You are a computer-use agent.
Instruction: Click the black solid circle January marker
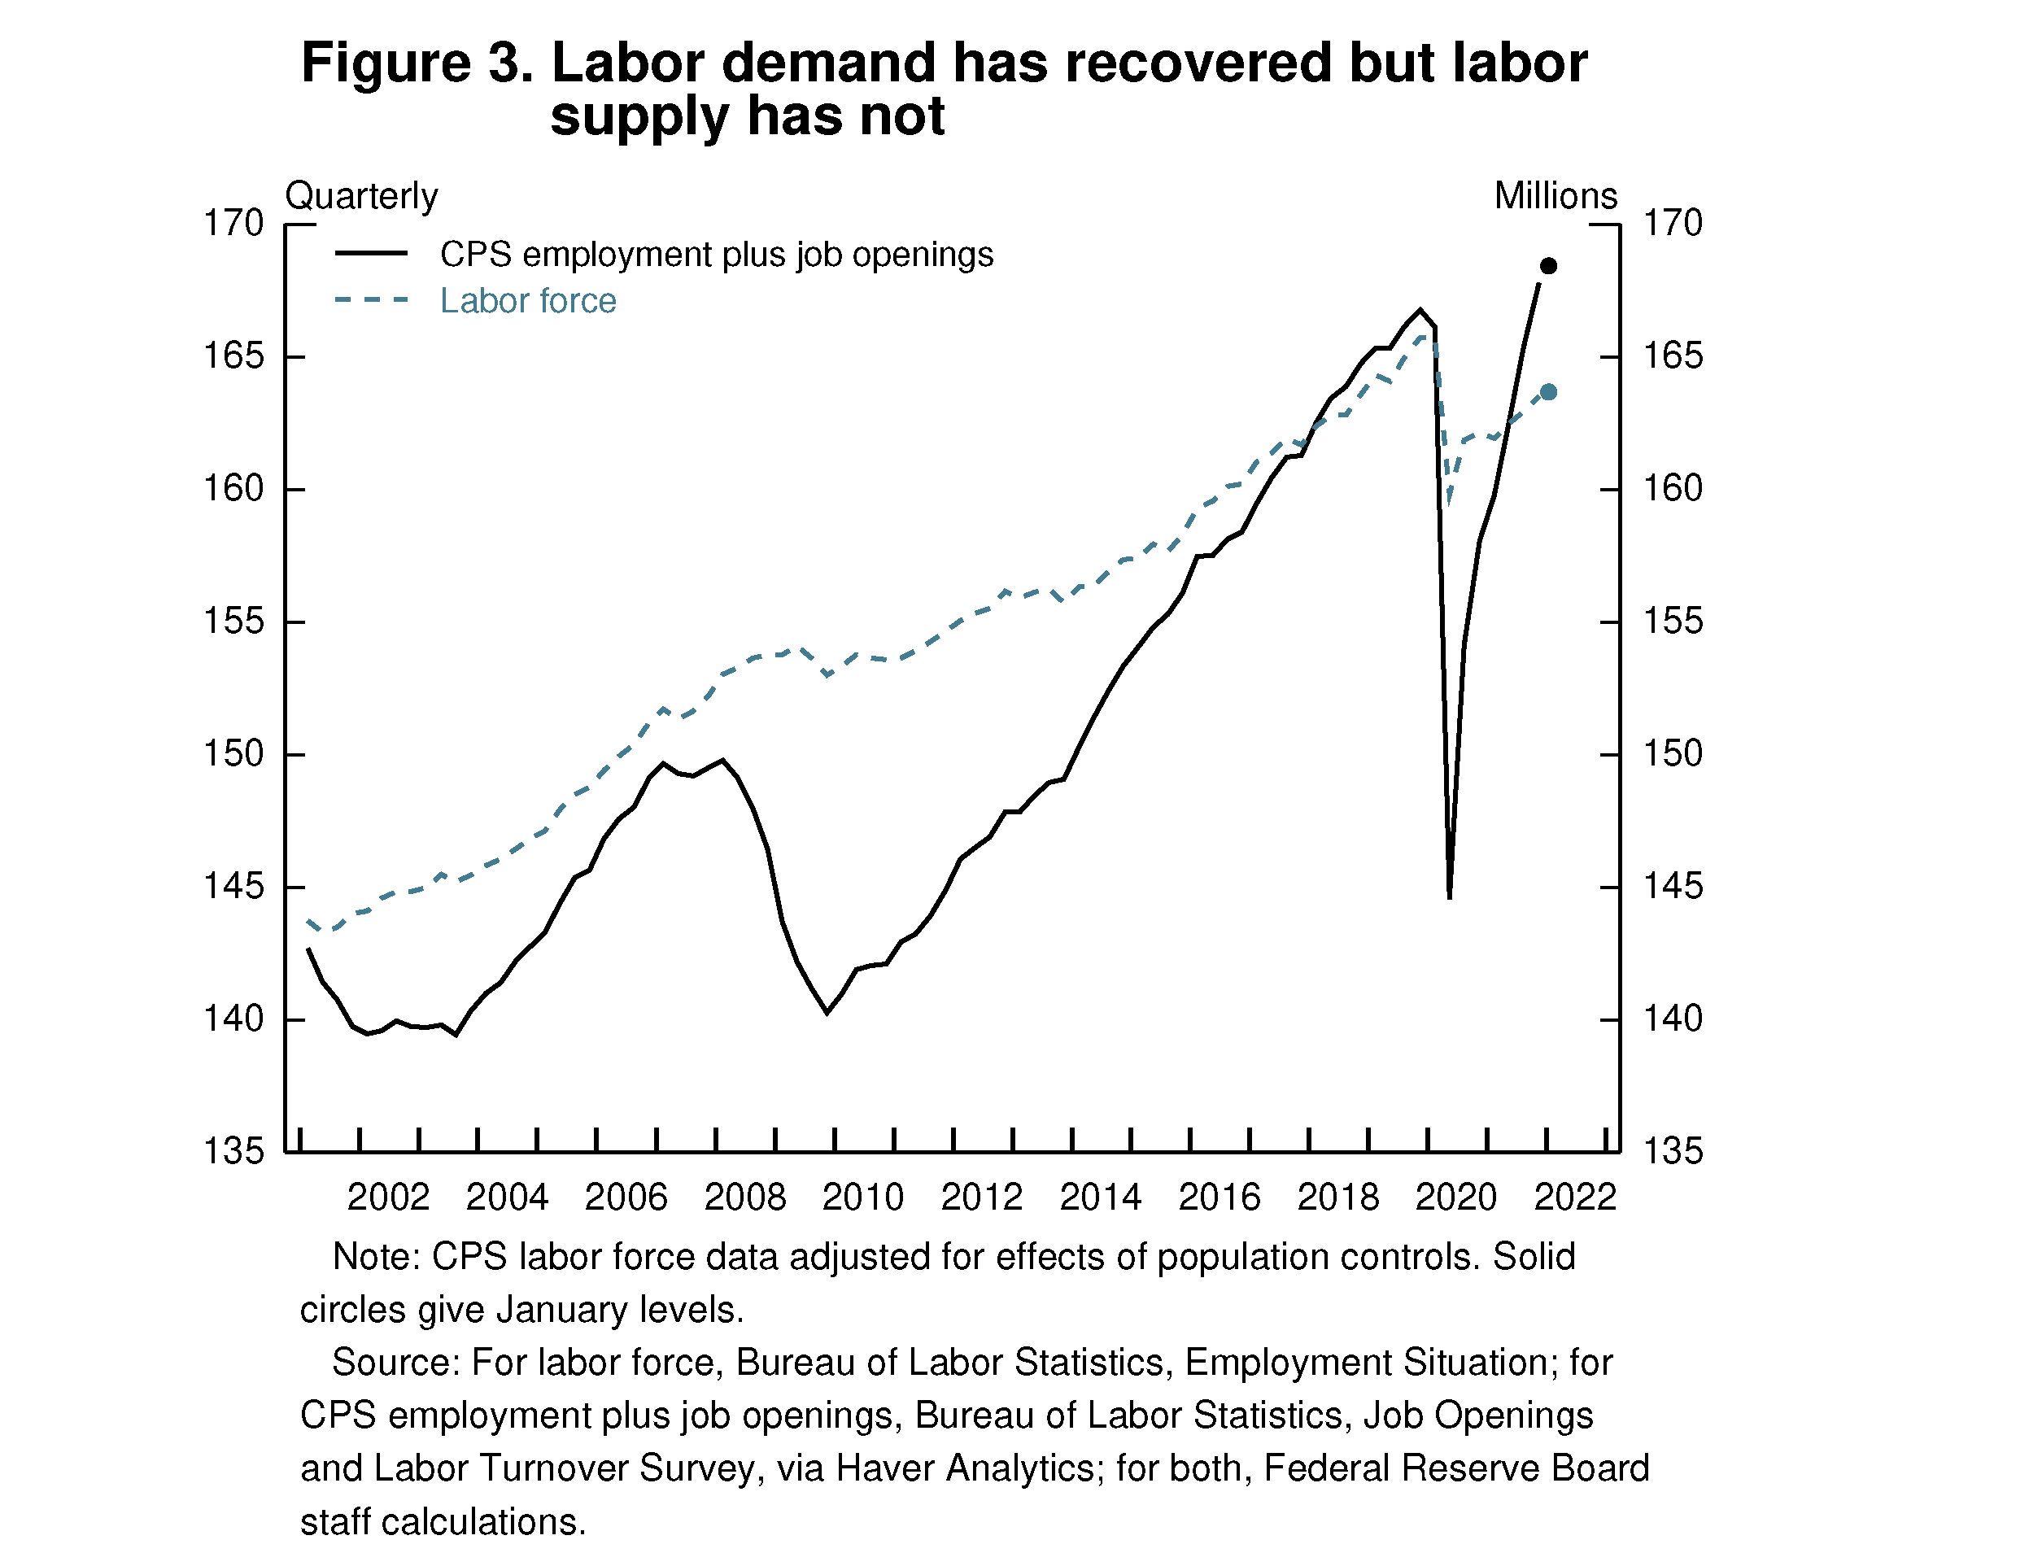click(x=1548, y=267)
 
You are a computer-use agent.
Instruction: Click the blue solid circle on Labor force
click(x=1548, y=392)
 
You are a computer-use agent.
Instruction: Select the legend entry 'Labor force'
click(x=527, y=301)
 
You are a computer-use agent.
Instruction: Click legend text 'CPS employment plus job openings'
click(x=716, y=255)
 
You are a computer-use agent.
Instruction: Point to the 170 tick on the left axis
click(x=234, y=224)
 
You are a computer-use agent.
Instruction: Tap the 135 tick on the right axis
click(x=1672, y=1151)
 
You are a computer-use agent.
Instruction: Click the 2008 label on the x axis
click(x=744, y=1197)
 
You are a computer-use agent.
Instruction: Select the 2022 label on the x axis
click(x=1575, y=1197)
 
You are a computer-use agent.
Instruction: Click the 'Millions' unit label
click(x=1555, y=196)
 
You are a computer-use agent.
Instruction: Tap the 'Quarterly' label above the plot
click(x=361, y=196)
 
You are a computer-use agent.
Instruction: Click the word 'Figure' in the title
click(x=386, y=63)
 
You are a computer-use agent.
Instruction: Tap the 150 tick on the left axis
click(x=234, y=753)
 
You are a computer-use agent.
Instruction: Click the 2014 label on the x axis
click(x=1101, y=1197)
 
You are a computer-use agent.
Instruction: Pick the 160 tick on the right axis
click(x=1672, y=488)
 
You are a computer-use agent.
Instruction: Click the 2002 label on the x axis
click(x=388, y=1197)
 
